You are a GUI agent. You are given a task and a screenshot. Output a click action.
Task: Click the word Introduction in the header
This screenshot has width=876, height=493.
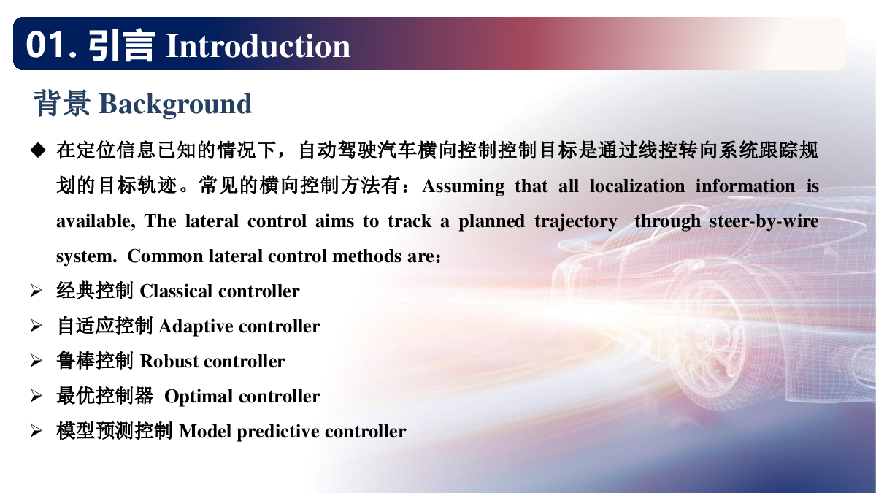click(258, 46)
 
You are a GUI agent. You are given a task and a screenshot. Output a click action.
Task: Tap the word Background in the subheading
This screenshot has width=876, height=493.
click(176, 104)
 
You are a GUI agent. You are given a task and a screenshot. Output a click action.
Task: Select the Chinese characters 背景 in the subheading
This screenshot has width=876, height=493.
click(62, 103)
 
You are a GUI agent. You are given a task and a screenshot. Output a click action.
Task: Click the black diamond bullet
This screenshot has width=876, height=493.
click(38, 150)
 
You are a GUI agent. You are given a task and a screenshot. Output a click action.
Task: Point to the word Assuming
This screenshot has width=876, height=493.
click(464, 187)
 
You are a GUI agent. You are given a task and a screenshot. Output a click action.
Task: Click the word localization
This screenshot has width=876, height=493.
click(637, 186)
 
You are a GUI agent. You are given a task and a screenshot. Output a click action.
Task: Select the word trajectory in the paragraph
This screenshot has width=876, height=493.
click(576, 222)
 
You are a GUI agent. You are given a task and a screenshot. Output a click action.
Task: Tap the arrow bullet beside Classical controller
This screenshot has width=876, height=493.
click(36, 291)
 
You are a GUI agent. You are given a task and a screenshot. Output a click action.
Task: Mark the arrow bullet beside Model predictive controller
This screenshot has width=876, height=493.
click(36, 431)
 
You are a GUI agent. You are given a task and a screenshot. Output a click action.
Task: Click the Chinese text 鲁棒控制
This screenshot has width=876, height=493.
click(95, 361)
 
